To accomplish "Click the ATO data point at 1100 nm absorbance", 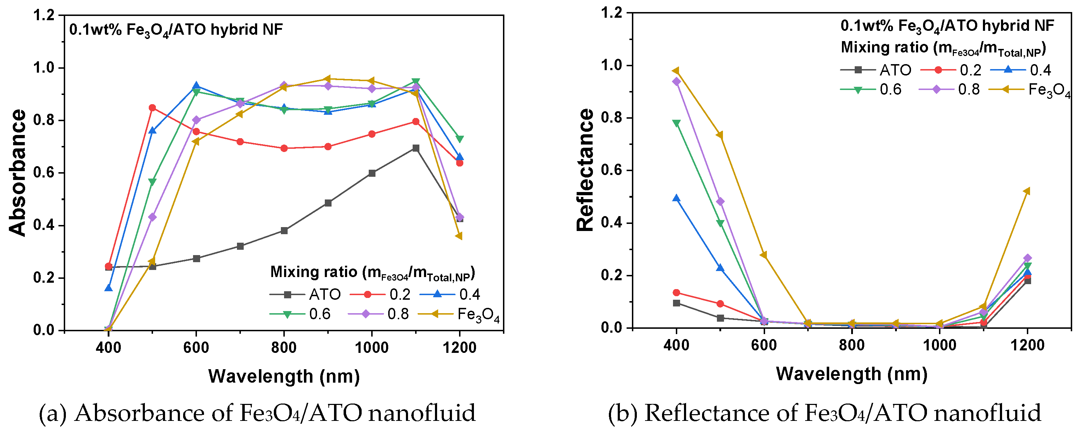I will pos(416,148).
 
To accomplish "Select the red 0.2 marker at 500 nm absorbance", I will pos(152,108).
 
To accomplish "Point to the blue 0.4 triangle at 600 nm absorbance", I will pos(196,86).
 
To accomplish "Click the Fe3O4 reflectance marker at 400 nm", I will pos(676,71).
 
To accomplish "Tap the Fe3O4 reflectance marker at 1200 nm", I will pos(1028,191).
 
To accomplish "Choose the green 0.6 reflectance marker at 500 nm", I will pos(720,224).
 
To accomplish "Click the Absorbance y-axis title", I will pos(18,173).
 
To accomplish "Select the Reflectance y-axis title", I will pos(585,170).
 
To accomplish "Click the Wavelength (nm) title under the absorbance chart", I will pos(284,376).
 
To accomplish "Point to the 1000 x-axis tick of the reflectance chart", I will pos(939,345).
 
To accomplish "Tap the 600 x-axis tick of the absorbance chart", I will pos(196,348).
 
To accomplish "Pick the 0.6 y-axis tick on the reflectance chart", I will pos(612,170).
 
